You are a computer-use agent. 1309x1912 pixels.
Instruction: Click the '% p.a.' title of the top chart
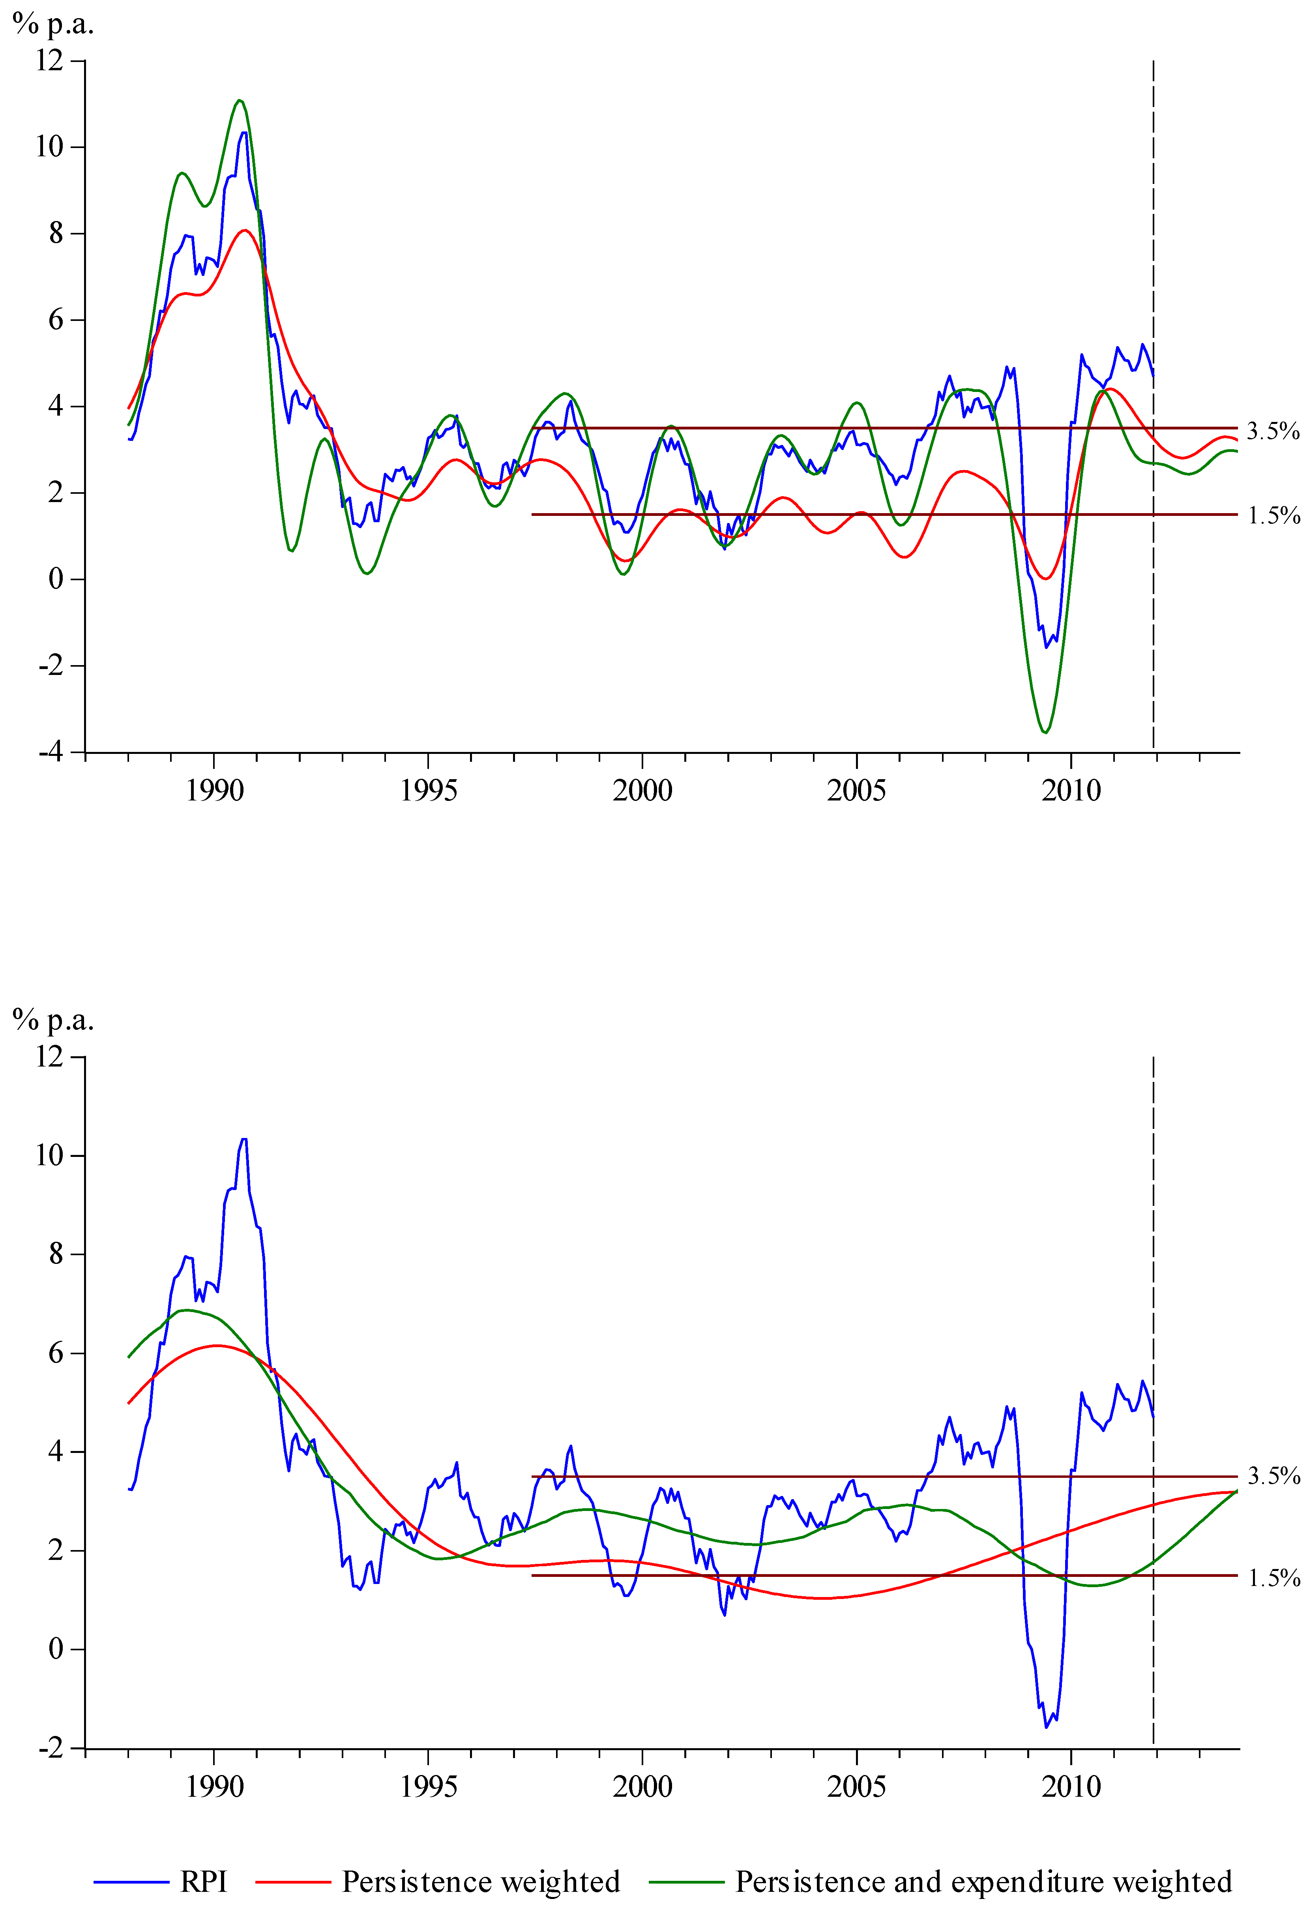coord(54,25)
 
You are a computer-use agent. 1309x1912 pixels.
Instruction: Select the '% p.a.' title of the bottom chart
coord(54,1020)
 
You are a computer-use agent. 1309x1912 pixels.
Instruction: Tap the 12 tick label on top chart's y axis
coord(49,60)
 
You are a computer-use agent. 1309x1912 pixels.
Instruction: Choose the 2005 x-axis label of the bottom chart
coord(856,1786)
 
